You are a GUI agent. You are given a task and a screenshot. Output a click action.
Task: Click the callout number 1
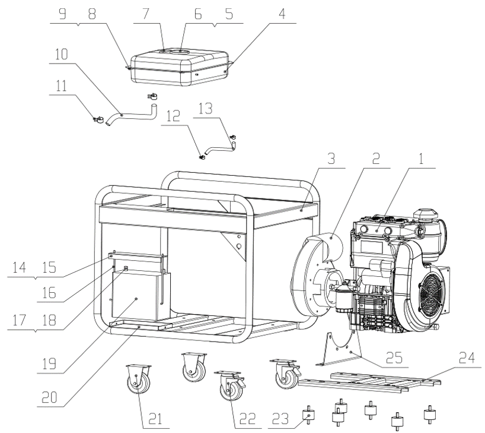coord(420,159)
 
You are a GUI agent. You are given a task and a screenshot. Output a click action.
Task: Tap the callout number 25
coord(394,358)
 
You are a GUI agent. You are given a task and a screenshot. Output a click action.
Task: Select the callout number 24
coord(467,358)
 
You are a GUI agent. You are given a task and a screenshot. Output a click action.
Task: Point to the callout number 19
coord(49,364)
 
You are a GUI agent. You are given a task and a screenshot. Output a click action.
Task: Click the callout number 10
coord(61,54)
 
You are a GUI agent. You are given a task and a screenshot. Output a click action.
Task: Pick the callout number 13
coord(205,109)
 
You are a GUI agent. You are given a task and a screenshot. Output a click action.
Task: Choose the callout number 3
coord(331,159)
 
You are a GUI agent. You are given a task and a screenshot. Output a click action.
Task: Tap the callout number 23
coord(280,419)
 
